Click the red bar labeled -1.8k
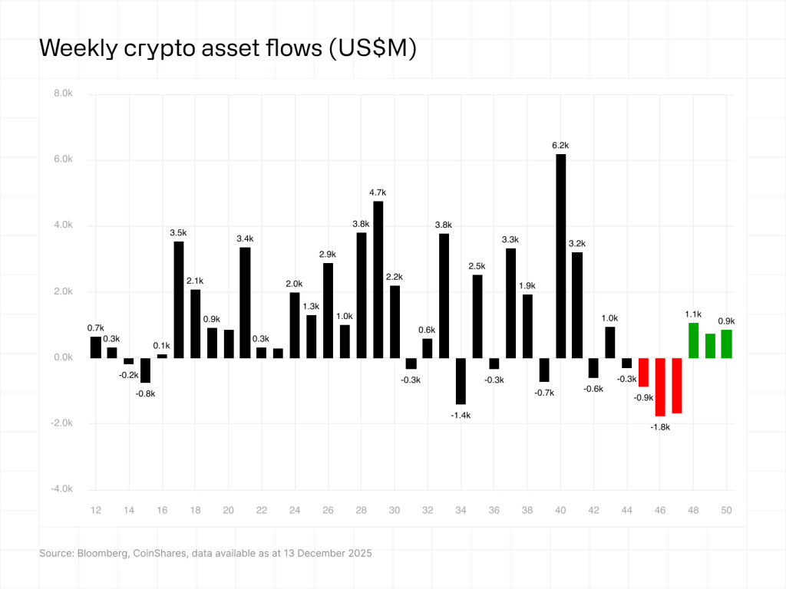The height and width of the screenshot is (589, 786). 660,387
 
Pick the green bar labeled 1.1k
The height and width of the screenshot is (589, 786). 693,341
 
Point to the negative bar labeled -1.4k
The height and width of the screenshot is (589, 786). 461,380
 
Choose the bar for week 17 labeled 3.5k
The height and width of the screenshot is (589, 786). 179,299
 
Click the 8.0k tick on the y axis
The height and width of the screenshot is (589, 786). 62,94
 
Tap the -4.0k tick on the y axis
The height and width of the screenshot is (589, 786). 61,489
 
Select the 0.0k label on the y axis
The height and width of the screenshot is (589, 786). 63,357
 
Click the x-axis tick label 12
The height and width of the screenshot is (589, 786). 96,511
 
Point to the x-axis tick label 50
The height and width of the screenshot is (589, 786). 726,511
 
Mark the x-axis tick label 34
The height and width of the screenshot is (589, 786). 461,511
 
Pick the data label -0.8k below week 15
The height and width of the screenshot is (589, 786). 146,394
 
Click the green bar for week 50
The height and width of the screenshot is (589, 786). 726,344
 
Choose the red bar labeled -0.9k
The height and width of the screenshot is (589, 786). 643,372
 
